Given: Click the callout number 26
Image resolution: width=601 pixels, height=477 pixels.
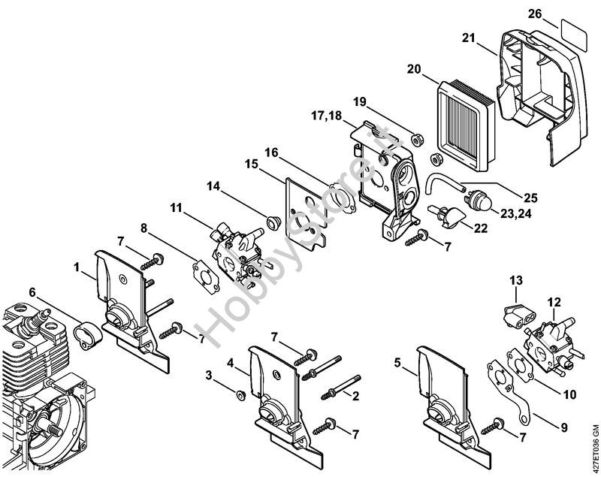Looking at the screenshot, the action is click(x=535, y=14).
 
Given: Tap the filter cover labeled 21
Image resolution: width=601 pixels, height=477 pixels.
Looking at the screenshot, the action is click(x=542, y=98).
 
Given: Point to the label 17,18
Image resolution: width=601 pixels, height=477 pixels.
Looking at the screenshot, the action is click(x=326, y=116).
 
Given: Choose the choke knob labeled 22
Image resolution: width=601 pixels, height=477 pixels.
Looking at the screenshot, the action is click(x=446, y=216).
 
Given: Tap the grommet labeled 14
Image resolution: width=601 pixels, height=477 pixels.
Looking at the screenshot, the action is click(x=273, y=222).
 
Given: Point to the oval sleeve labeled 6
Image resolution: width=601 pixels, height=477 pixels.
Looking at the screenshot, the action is click(x=89, y=335).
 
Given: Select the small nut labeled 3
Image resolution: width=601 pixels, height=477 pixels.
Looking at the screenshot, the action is click(x=240, y=395).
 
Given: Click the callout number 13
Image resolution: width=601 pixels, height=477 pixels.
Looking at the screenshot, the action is click(x=516, y=280).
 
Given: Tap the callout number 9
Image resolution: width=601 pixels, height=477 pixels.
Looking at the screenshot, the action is click(x=564, y=427).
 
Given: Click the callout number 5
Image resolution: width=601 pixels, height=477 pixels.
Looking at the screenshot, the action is click(x=397, y=362).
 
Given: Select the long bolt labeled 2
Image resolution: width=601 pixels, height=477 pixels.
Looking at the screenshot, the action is click(x=341, y=388).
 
